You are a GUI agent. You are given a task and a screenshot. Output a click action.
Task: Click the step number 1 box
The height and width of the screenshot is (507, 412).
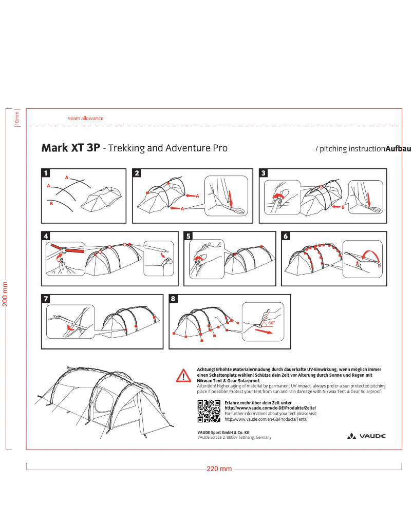(x=46, y=173)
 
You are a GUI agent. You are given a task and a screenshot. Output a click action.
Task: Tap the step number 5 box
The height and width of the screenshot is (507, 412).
(x=189, y=237)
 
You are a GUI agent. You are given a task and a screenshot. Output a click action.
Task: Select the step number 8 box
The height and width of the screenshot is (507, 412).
(x=173, y=299)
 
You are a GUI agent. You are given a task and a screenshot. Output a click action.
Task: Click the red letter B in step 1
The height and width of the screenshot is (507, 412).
(x=51, y=204)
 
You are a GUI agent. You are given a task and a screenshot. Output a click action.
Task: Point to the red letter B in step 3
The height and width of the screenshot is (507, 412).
(x=343, y=207)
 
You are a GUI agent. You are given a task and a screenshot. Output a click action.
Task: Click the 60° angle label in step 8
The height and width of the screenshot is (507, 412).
(x=271, y=323)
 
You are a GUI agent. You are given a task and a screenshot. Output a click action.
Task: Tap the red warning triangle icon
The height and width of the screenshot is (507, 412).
(x=183, y=376)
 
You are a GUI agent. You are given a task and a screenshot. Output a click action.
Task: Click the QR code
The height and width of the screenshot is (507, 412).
(x=209, y=411)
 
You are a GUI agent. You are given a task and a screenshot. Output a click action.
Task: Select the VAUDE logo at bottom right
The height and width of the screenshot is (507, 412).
(x=367, y=436)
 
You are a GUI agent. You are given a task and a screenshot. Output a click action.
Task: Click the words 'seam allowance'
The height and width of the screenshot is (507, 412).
(x=86, y=118)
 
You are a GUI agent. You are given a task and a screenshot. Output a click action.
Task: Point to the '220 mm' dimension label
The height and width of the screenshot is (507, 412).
(x=219, y=469)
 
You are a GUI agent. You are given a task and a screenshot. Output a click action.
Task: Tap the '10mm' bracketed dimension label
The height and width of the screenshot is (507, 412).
(x=16, y=119)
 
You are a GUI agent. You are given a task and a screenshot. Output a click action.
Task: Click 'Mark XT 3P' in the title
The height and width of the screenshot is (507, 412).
(x=70, y=148)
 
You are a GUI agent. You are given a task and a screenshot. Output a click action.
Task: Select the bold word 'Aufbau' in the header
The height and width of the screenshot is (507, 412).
(x=398, y=149)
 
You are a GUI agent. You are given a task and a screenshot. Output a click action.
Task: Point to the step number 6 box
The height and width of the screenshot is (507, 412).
(x=286, y=237)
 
